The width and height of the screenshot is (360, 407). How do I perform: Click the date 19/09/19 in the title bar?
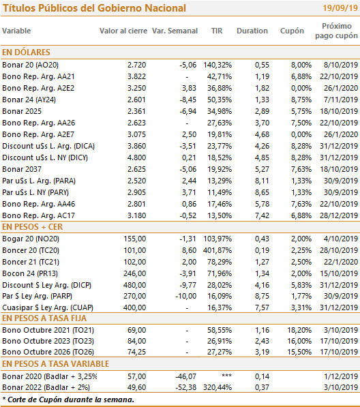[x=340, y=8]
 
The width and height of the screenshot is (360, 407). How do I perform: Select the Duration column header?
[x=252, y=31]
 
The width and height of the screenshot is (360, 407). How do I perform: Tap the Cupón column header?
[x=292, y=31]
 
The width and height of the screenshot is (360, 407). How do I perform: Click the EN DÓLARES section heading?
[x=26, y=52]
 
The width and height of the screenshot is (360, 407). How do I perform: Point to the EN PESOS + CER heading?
[x=33, y=227]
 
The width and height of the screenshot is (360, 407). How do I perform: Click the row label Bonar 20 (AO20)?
[x=31, y=65]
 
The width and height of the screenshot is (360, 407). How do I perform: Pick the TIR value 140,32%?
[x=217, y=65]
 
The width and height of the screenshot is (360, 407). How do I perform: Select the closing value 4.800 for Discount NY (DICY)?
[x=136, y=157]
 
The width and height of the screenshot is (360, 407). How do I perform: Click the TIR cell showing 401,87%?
[x=217, y=250]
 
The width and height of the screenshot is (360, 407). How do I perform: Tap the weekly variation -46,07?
[x=186, y=376]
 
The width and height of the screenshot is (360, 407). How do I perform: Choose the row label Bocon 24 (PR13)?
[x=30, y=273]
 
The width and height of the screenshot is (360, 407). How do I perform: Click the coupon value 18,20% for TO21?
[x=299, y=330]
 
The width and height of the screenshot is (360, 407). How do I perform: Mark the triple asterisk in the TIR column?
[x=226, y=376]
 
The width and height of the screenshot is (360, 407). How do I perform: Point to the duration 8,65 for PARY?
[x=262, y=192]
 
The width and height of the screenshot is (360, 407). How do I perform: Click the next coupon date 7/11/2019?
[x=341, y=100]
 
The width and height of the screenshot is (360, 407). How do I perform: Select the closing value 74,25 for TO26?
[x=136, y=352]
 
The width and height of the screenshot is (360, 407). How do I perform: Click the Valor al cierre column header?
[x=123, y=31]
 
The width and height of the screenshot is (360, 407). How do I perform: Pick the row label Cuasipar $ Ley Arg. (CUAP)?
[x=48, y=307]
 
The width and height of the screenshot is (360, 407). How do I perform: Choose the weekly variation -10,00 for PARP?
[x=186, y=296]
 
